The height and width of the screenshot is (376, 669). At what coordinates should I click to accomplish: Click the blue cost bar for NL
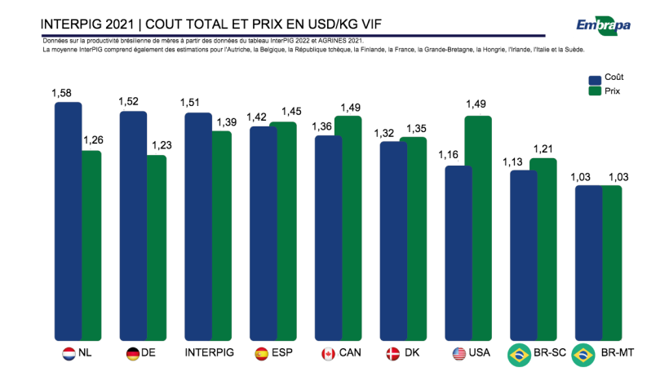coord(68,220)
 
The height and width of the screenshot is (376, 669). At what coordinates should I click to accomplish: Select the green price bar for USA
coord(477,228)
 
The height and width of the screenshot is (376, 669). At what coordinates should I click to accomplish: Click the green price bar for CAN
coord(348,228)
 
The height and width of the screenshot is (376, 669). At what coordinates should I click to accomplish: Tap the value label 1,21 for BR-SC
coord(543,148)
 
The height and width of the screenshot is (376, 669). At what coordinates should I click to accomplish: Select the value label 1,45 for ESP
coord(291,112)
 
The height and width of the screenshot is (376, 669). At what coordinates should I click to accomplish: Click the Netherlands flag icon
coord(69,354)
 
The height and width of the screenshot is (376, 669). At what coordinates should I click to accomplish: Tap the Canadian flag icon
coord(328,354)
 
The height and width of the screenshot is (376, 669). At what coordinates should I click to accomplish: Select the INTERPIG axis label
coord(210,354)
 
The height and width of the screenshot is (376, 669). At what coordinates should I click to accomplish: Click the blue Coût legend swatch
coord(596,79)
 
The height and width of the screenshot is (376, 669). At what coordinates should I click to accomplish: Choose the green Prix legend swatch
coord(596,91)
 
